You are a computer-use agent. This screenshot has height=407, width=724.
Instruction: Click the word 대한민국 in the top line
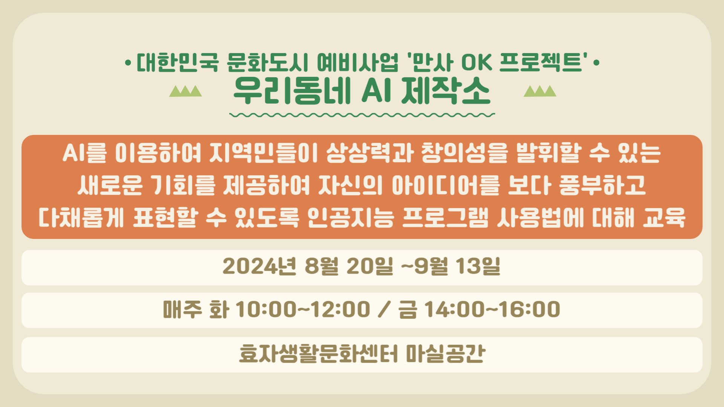tap(178, 62)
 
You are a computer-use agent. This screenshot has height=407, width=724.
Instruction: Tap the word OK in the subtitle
tap(477, 62)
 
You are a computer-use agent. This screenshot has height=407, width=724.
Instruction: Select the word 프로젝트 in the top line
tap(541, 62)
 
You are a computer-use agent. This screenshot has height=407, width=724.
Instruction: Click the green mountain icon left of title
tap(186, 91)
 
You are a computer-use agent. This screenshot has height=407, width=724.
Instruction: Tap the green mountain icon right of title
tap(540, 91)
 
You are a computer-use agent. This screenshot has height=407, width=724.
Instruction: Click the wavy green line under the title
tap(362, 115)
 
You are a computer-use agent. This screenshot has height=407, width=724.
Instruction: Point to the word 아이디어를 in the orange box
tap(446, 185)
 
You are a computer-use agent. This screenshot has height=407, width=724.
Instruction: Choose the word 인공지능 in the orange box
tap(351, 218)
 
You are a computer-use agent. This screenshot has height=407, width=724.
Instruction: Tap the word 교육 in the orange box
tap(664, 218)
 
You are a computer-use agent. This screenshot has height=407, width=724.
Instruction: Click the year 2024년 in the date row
tap(259, 266)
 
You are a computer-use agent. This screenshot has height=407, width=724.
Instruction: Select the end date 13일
tap(478, 266)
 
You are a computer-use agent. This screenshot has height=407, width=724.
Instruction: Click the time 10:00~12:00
tap(303, 309)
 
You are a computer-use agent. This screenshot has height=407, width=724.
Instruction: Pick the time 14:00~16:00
tap(492, 309)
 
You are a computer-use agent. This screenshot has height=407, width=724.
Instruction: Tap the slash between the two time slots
tap(384, 309)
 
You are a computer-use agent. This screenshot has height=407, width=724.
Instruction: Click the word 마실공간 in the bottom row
tap(446, 353)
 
